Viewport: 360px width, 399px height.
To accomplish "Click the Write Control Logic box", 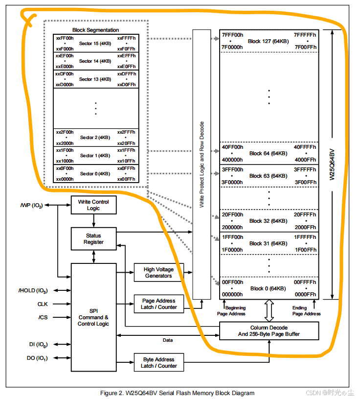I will point(93,205).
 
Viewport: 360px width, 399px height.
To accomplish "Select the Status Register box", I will point(93,238).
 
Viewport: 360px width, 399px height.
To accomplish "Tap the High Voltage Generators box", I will point(158,273).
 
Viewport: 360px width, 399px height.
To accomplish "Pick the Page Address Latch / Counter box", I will point(158,304).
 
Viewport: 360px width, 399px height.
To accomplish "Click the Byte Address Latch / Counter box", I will point(158,362).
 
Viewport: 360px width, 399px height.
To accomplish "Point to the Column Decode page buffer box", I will point(269,331).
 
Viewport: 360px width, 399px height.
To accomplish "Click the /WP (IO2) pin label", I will point(31,206).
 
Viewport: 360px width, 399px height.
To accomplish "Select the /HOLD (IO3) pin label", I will point(33,290).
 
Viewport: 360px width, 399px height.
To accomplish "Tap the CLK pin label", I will point(43,304).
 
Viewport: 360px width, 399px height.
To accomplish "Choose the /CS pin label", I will point(43,317).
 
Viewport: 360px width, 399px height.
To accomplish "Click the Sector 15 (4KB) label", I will point(95,44).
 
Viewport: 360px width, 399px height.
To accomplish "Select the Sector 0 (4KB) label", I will point(95,173).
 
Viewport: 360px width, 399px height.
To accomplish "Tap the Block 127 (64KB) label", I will point(268,41).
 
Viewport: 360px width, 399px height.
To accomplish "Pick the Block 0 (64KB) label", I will point(268,288).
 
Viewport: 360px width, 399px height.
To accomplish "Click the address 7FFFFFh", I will point(305,35).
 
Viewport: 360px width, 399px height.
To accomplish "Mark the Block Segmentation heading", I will point(95,30).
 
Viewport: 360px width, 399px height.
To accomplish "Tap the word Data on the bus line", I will point(168,340).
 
